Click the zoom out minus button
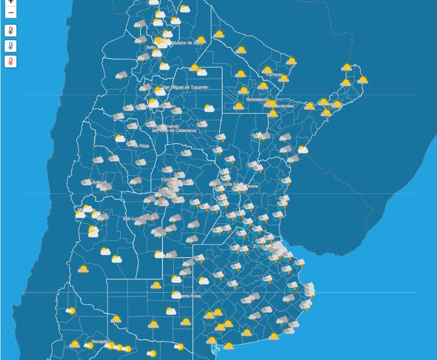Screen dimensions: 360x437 pyautogui.click(x=11, y=12)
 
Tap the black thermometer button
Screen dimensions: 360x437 pyautogui.click(x=11, y=31)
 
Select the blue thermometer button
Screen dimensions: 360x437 pyautogui.click(x=11, y=46)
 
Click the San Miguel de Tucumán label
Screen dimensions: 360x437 pyautogui.click(x=185, y=87)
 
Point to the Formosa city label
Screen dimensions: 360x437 pyautogui.click(x=274, y=75)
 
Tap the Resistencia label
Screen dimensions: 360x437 pyautogui.click(x=257, y=100)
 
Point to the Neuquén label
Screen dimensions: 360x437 pyautogui.click(x=99, y=342)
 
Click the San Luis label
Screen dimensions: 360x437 pyautogui.click(x=131, y=219)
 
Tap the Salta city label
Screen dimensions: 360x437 pyautogui.click(x=150, y=48)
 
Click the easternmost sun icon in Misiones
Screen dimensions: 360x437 pyautogui.click(x=362, y=80)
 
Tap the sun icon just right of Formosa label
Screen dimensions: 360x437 pyautogui.click(x=284, y=79)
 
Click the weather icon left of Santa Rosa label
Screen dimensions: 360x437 pyautogui.click(x=177, y=295)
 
